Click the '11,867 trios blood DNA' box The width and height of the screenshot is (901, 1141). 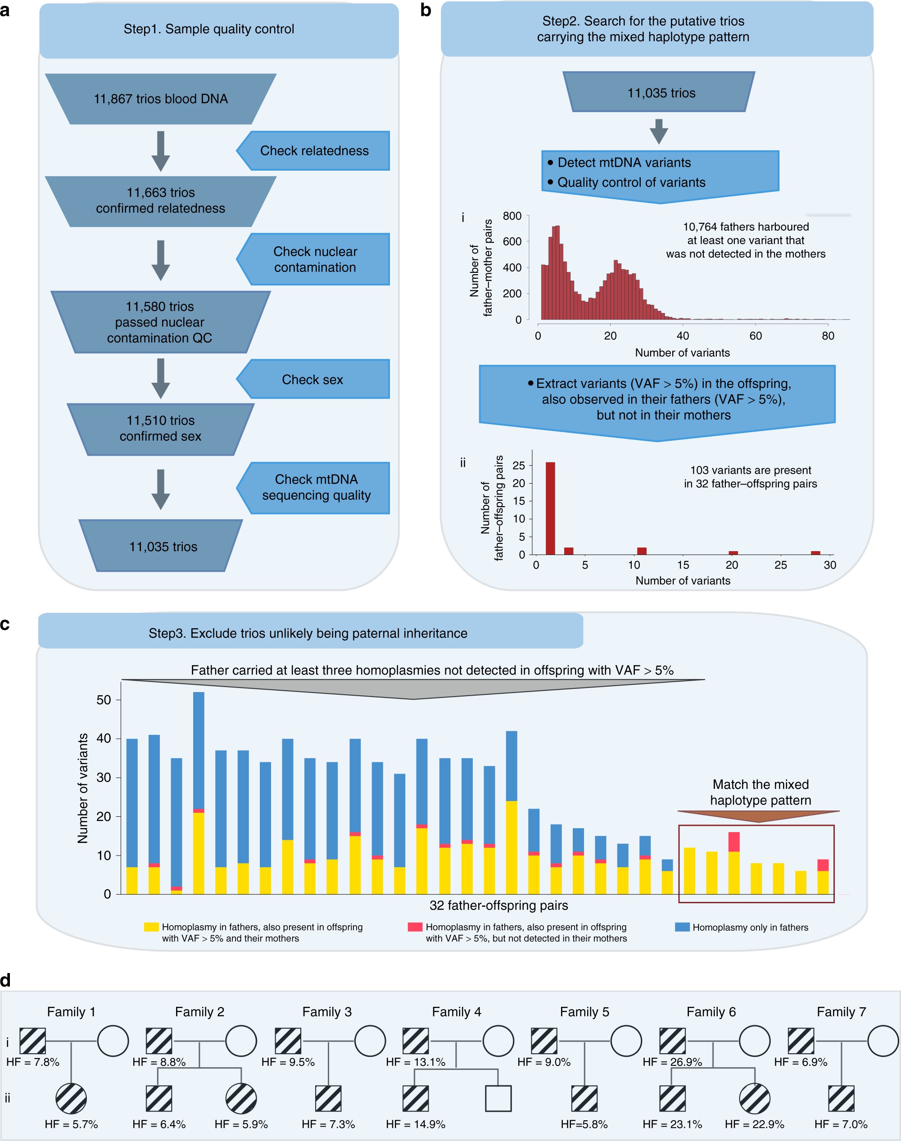pos(160,99)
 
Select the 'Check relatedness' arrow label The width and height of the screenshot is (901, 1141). pos(314,151)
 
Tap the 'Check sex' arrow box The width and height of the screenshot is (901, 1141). pos(312,379)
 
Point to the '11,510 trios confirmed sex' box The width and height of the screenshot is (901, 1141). pos(160,428)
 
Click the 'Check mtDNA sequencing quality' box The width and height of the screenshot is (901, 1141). pos(316,487)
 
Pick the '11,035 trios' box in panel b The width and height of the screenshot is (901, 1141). pos(661,93)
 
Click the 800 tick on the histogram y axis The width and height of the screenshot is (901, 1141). pos(512,216)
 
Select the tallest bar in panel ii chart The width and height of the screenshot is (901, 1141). pos(550,508)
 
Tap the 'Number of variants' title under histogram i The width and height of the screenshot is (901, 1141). pos(682,353)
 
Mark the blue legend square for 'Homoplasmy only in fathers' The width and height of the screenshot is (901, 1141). pos(682,927)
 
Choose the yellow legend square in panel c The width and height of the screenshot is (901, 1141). pos(151,927)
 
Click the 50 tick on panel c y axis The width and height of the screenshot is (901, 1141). pos(104,700)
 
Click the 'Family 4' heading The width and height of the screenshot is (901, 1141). pos(456,1012)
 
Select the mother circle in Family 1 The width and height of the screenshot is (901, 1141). pos(113,1041)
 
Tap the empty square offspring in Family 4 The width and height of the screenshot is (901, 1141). pos(498,1098)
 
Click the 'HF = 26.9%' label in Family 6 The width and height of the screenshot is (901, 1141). pos(672,1062)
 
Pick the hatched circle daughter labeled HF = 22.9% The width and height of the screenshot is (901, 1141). pos(754,1098)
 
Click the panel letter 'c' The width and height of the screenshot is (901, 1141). pos(5,624)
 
